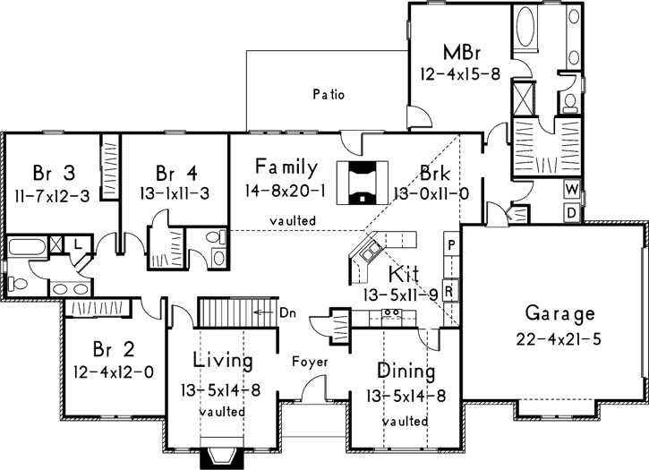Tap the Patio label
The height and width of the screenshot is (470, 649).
(329, 93)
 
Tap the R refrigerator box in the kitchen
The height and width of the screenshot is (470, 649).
(452, 291)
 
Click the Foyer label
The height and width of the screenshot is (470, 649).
(310, 363)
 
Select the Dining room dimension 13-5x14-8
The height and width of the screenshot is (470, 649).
(406, 395)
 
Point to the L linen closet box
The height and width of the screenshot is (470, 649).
(79, 244)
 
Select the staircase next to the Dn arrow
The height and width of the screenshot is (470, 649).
(224, 313)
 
